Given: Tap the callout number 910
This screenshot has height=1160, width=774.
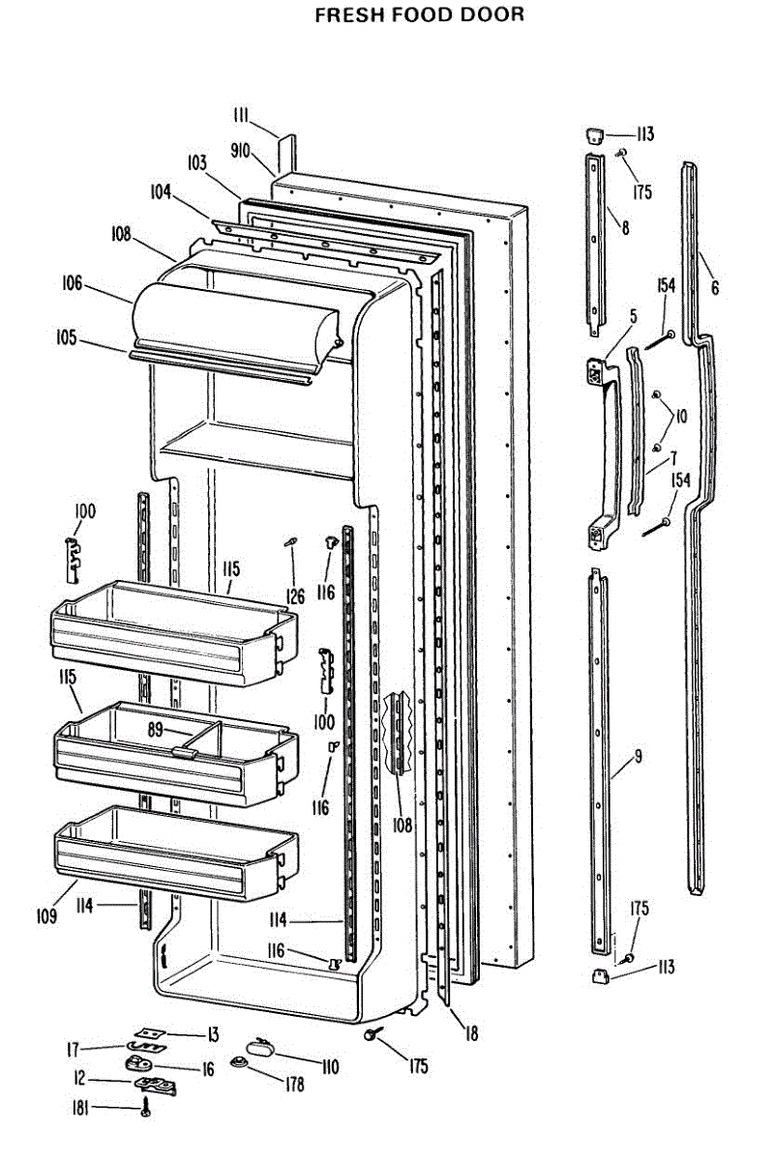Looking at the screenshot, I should [x=240, y=151].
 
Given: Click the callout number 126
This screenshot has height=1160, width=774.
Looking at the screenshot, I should [x=295, y=597].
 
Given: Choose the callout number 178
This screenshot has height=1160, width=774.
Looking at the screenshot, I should [x=292, y=1085].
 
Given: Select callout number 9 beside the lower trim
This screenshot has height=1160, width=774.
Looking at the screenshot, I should [x=638, y=756].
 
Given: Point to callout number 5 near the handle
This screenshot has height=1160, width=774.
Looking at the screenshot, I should [x=633, y=316].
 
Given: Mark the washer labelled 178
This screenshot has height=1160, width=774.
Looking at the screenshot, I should [x=239, y=1063].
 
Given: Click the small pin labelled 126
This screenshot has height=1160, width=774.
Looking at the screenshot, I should [x=288, y=543].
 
